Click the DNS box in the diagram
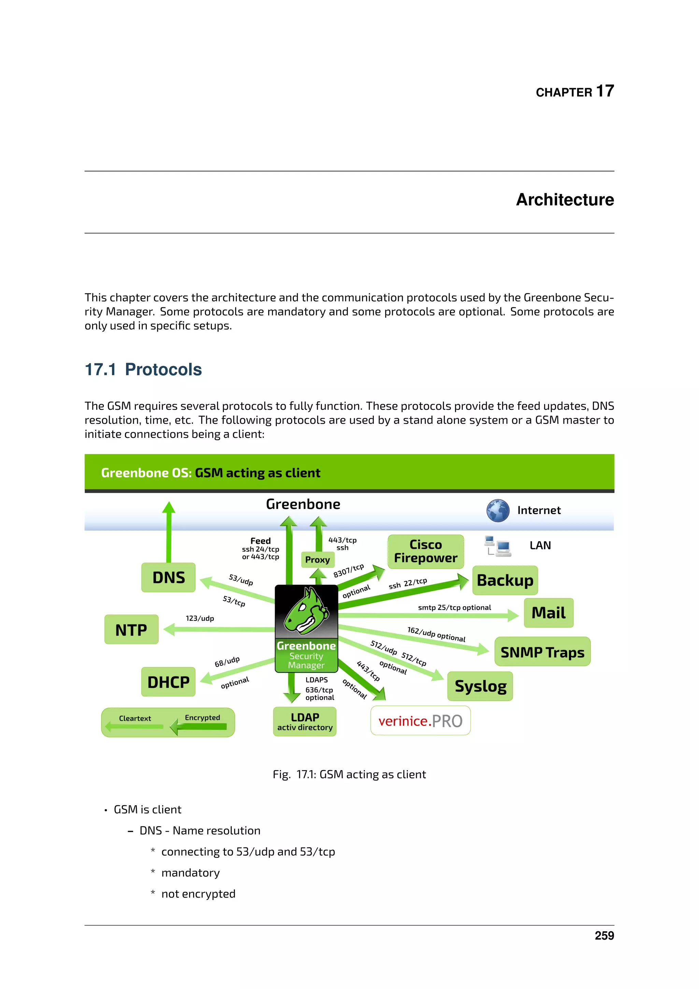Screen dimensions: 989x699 [x=168, y=577]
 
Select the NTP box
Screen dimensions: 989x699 [x=131, y=629]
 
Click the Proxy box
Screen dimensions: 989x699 [x=318, y=559]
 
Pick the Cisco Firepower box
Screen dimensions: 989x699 [x=426, y=551]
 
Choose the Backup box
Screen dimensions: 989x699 [x=505, y=580]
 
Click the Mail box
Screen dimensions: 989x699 [x=548, y=613]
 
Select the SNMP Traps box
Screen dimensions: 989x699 [x=542, y=652]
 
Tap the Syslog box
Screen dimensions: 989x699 [x=480, y=686]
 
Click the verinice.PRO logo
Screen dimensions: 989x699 [x=420, y=721]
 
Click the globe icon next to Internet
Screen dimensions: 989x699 [x=498, y=511]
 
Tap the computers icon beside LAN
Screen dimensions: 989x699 [x=498, y=546]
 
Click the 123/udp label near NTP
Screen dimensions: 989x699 [x=200, y=618]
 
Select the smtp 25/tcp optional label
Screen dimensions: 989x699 [x=455, y=607]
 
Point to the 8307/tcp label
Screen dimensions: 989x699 [x=348, y=570]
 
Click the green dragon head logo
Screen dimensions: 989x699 [x=306, y=611]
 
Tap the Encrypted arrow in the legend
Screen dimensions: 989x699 [x=199, y=727]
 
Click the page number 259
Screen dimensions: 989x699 [x=604, y=936]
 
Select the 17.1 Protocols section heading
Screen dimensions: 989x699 [x=143, y=369]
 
